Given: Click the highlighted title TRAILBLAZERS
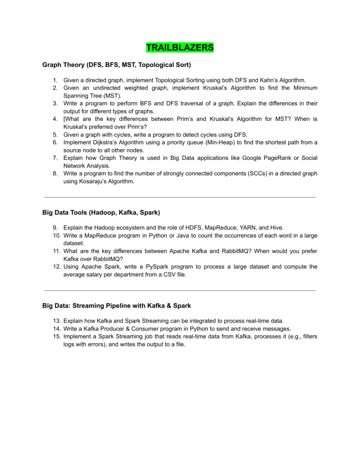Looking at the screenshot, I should click(x=180, y=48).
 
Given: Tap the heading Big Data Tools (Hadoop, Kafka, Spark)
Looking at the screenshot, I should click(x=101, y=212).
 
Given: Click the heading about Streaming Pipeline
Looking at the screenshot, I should click(x=116, y=306).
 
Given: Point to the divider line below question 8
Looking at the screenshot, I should click(x=180, y=197).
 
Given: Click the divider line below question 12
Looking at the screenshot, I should click(x=180, y=291).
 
